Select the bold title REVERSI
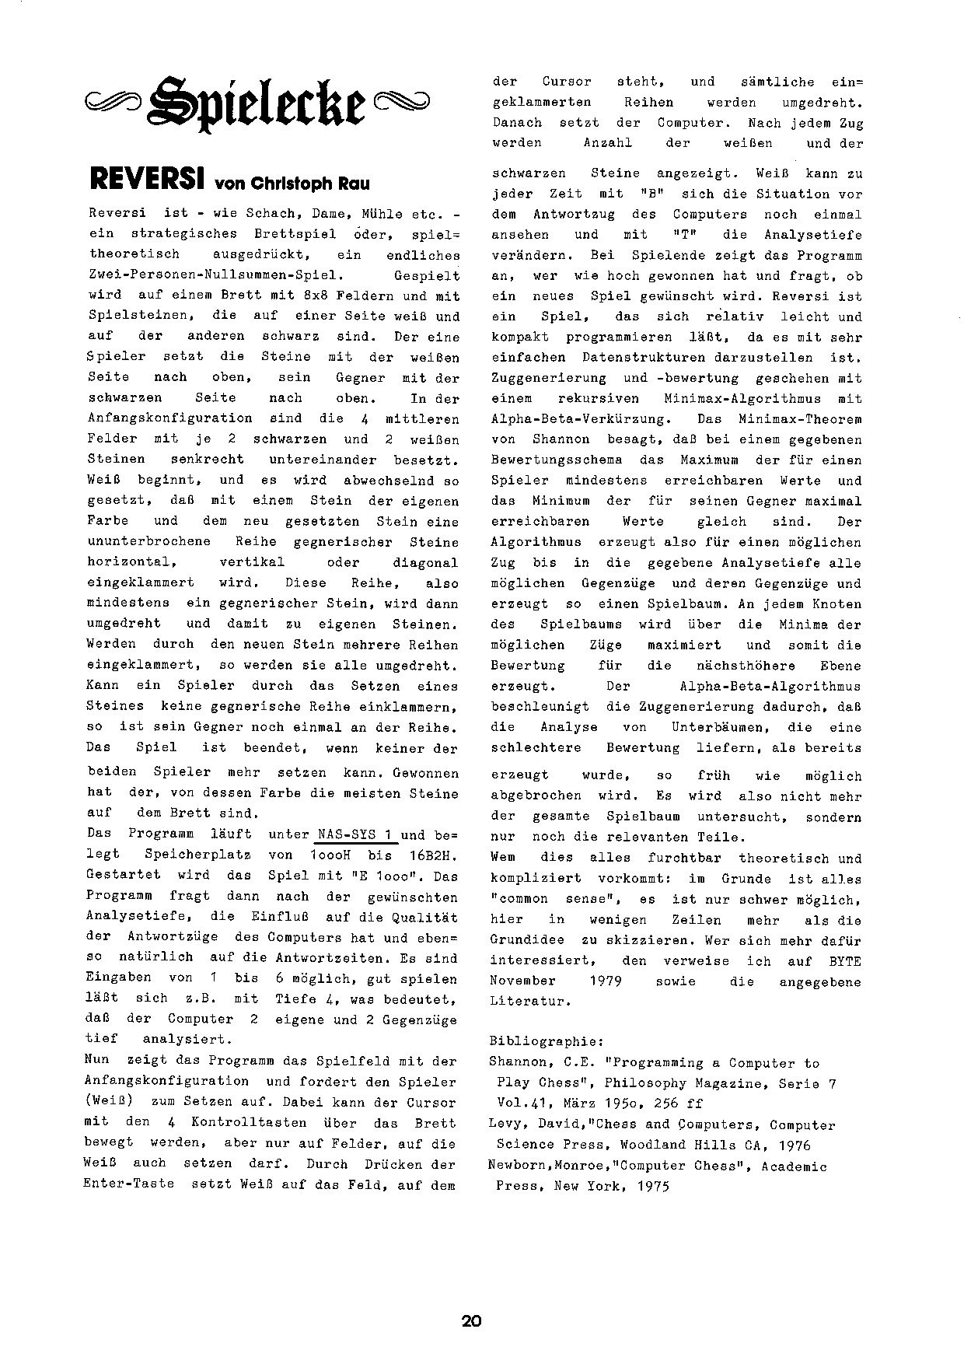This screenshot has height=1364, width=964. click(147, 180)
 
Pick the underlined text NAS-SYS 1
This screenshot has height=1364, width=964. click(357, 834)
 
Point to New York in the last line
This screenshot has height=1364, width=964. click(592, 1187)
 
